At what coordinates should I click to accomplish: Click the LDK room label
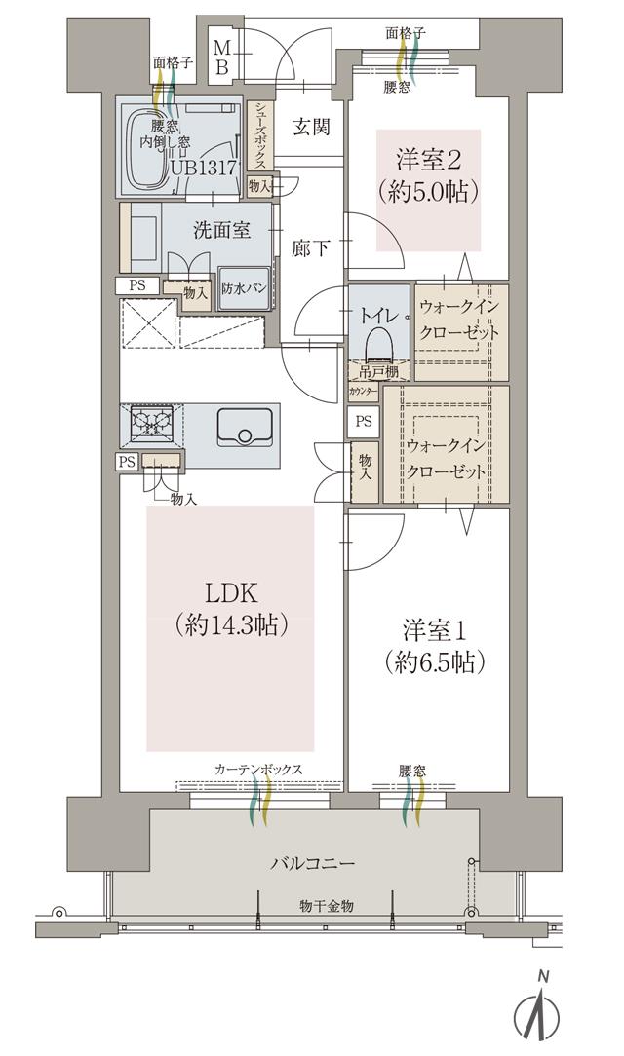232,593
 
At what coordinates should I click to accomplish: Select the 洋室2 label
429,158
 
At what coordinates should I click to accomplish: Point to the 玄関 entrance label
310,127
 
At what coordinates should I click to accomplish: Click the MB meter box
222,57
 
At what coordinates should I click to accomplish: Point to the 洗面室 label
221,231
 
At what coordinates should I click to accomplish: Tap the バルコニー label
312,863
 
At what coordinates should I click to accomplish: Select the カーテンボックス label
258,770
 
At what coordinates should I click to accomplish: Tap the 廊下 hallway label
310,248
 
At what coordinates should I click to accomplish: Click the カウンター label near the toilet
363,392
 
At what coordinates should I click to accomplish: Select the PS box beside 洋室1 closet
364,422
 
